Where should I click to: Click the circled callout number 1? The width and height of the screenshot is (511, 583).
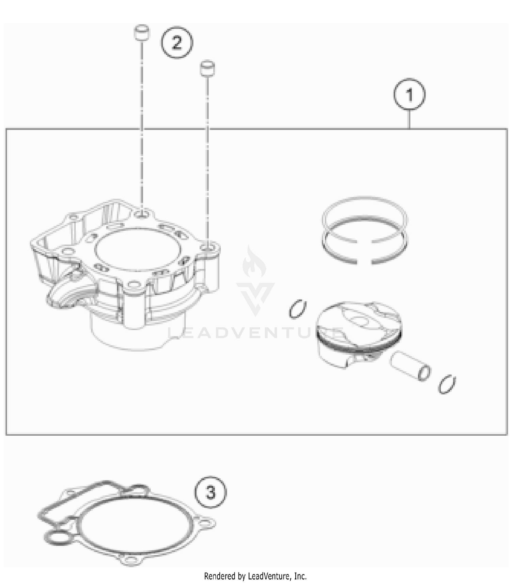[409, 94]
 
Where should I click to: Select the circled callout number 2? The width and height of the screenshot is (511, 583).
[177, 43]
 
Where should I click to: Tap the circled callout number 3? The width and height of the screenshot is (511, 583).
[211, 492]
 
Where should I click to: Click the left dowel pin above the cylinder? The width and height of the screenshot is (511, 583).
[141, 33]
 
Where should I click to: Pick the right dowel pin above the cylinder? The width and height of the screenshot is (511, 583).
[208, 68]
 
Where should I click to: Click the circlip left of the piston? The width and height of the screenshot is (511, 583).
[297, 309]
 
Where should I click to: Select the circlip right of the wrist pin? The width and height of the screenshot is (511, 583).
[447, 384]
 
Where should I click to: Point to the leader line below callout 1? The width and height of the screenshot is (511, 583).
[409, 119]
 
